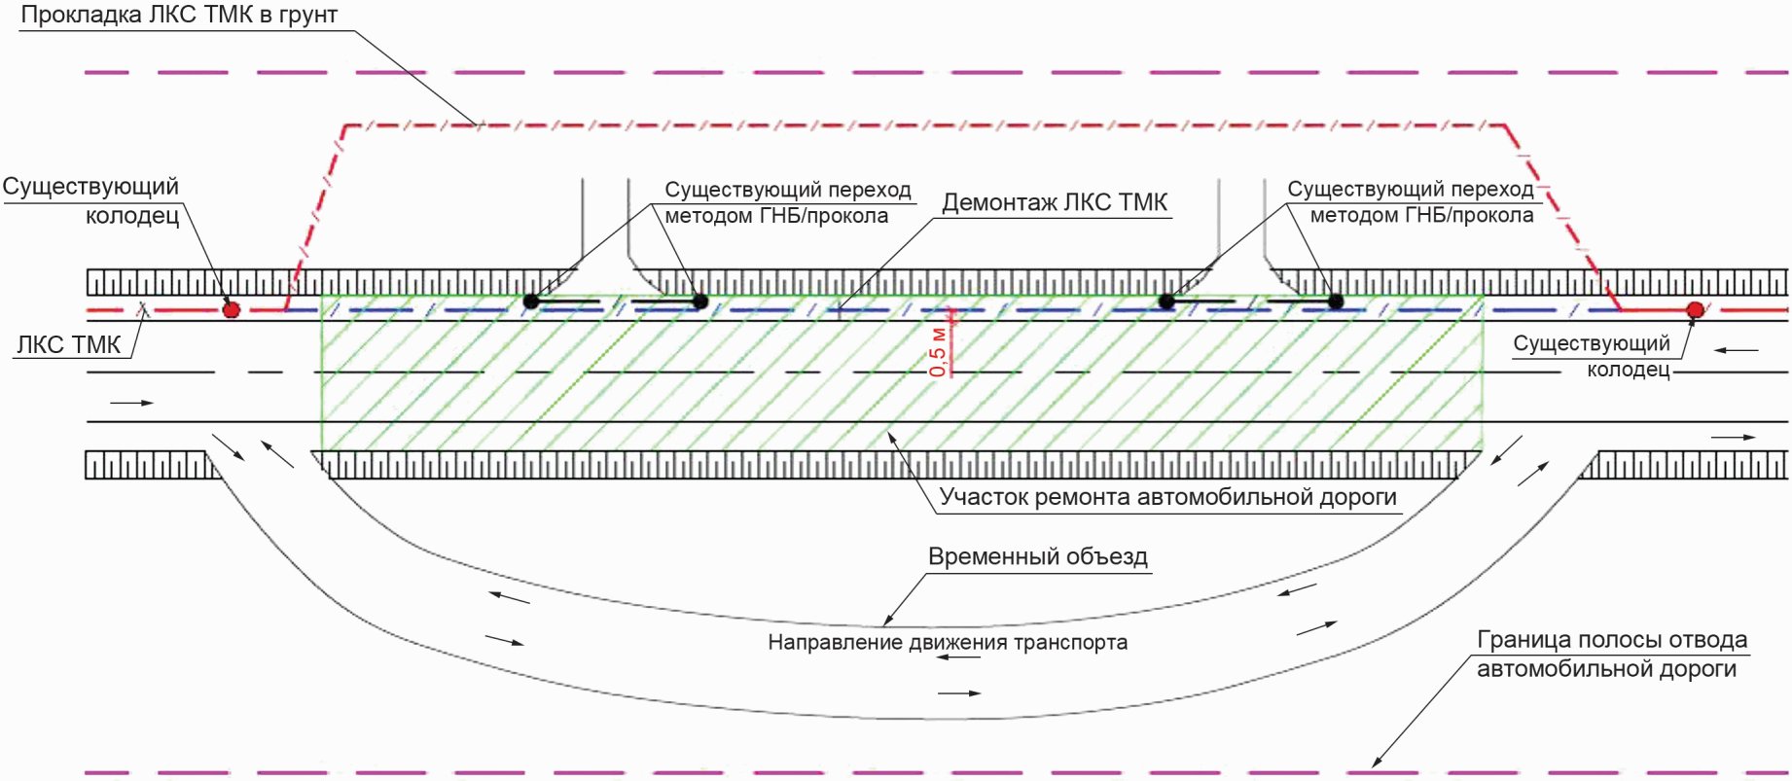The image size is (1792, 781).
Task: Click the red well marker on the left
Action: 232,309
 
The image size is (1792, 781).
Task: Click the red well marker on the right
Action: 1696,310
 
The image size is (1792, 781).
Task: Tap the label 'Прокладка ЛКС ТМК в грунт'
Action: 179,16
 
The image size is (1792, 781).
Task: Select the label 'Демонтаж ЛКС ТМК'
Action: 1055,202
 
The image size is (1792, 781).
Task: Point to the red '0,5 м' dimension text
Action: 938,350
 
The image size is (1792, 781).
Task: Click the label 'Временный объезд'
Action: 1038,557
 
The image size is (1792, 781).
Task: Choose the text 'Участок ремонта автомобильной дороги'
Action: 1168,498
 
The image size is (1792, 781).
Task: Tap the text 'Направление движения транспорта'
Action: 948,642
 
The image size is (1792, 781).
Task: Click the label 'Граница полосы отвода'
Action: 1612,640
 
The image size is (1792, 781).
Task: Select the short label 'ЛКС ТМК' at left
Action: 68,344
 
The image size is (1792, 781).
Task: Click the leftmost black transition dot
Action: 531,302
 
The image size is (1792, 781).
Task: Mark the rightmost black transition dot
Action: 1336,302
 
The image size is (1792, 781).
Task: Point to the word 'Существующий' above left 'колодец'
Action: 90,187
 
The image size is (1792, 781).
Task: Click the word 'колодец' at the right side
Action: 1629,370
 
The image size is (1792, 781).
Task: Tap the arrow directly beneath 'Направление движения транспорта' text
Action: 959,658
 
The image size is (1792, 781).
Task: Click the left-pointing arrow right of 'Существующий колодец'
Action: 1737,350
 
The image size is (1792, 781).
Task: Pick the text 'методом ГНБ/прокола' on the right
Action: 1421,215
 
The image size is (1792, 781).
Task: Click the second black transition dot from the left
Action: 700,302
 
